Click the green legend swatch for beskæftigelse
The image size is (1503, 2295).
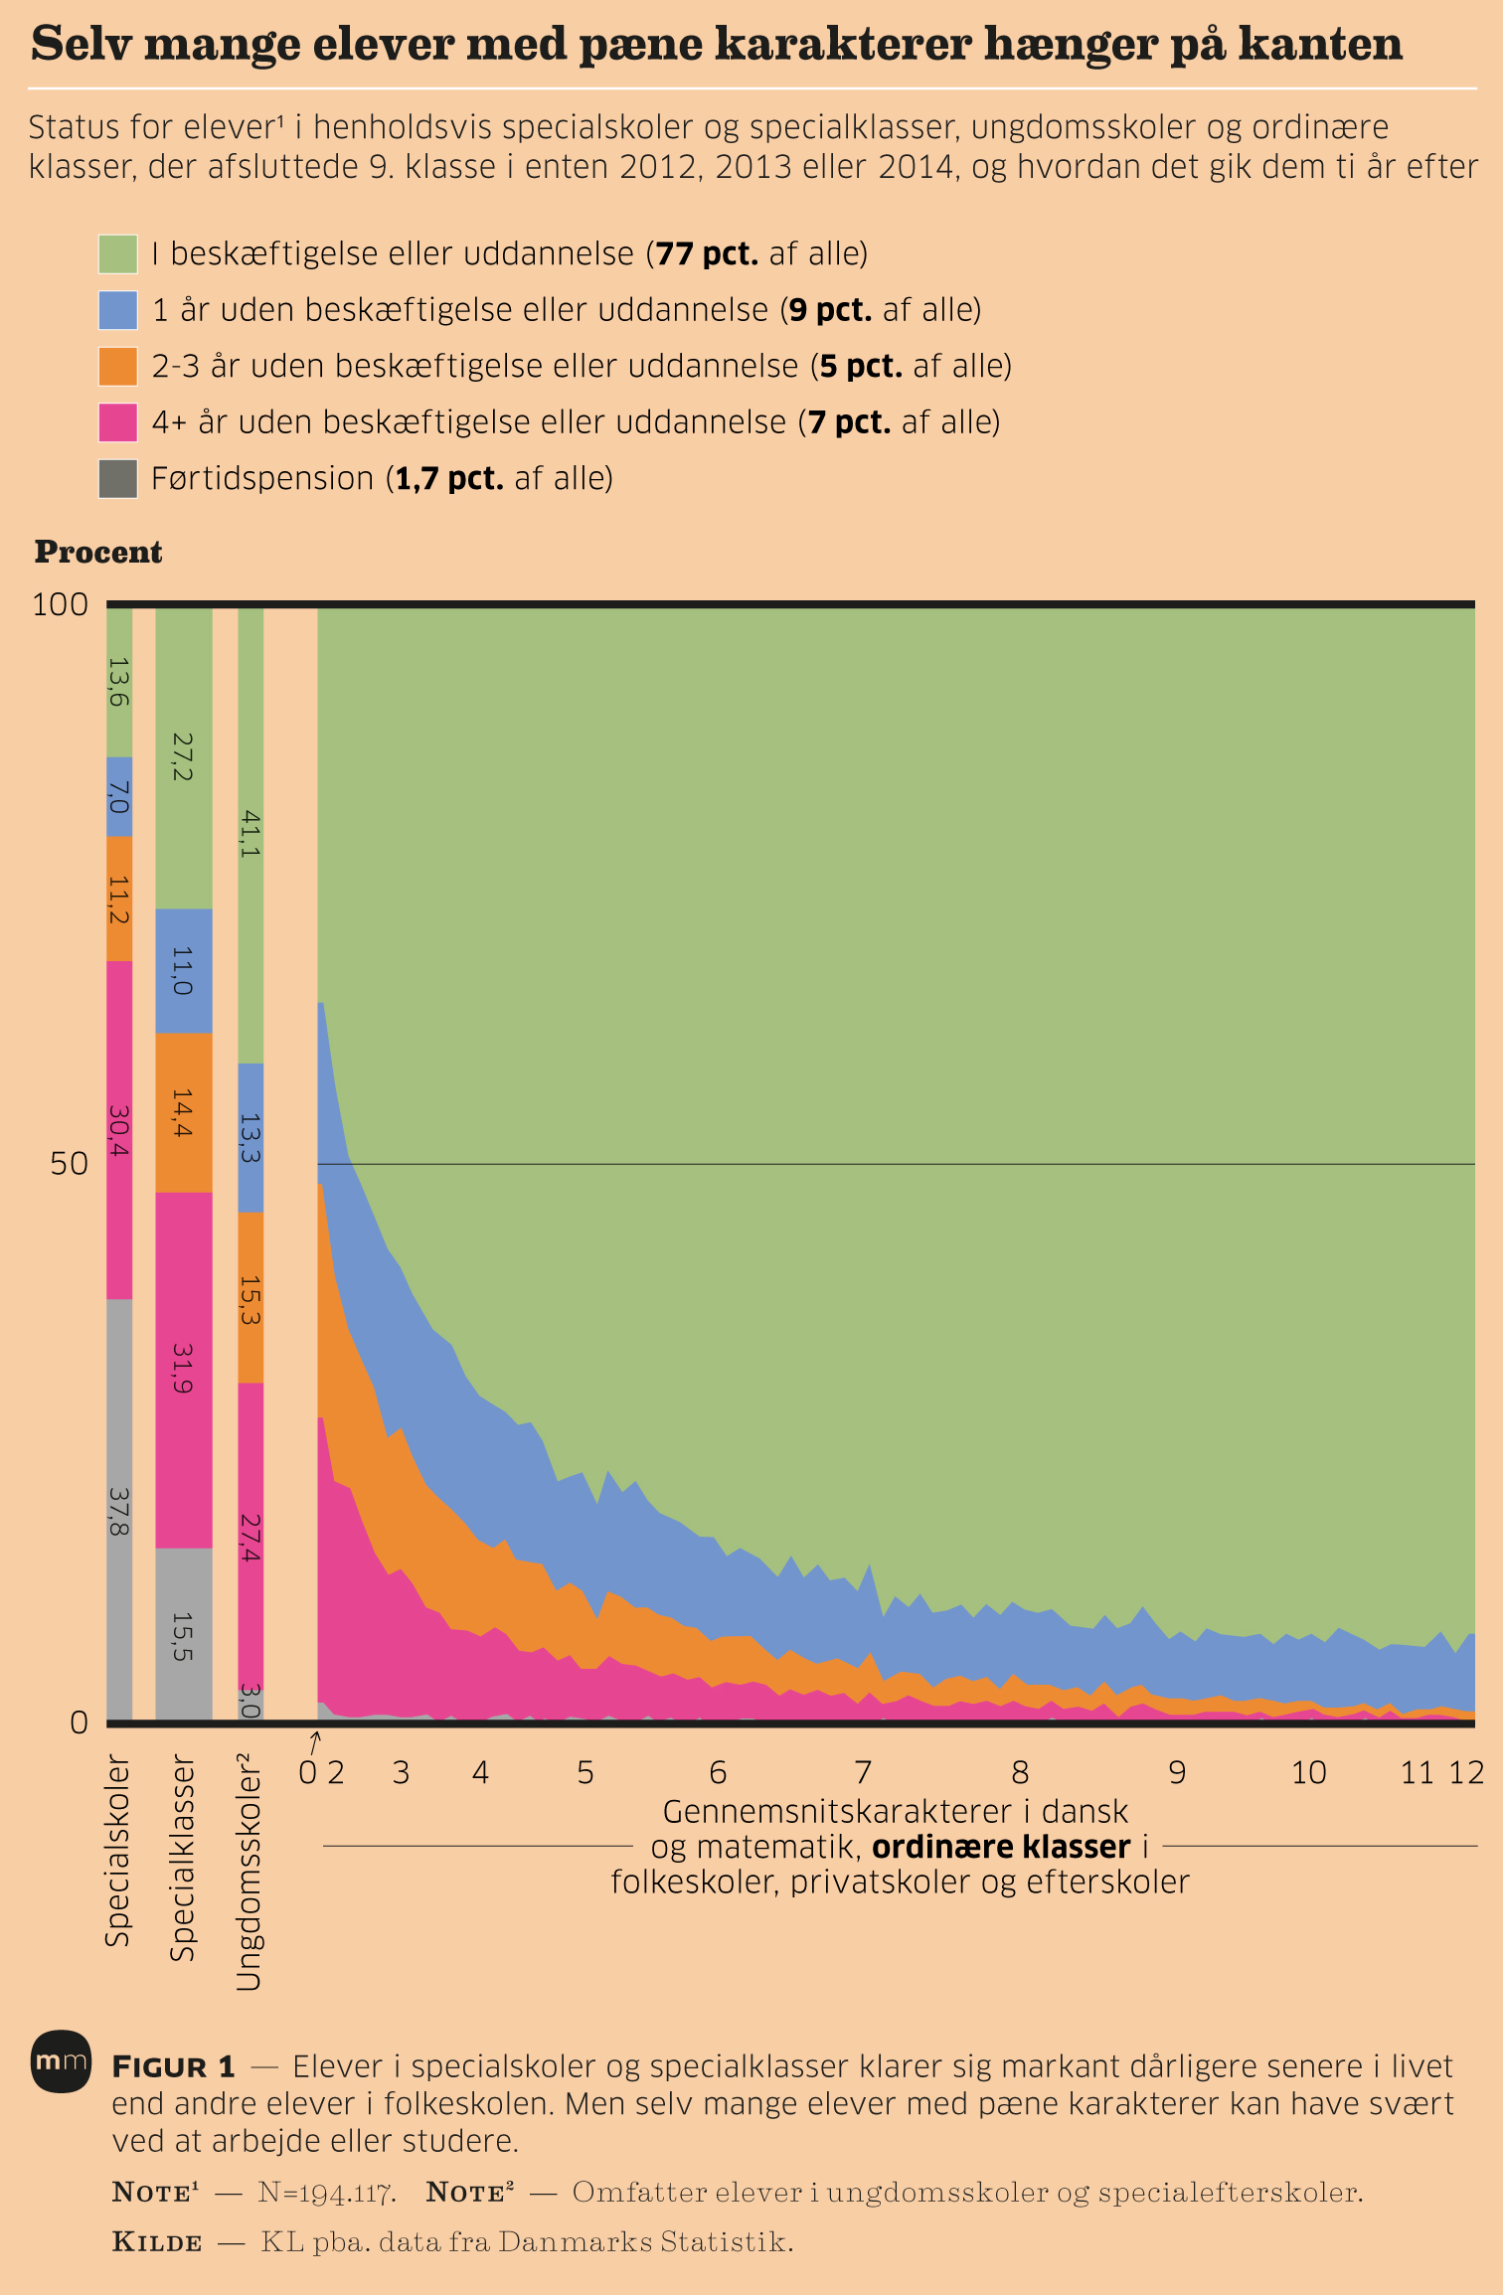pos(117,254)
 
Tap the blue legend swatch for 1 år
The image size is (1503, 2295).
pos(117,310)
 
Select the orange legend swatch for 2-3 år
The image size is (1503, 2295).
pos(117,366)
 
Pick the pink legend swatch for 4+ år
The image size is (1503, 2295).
pos(117,422)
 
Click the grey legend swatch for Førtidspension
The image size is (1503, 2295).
pos(117,478)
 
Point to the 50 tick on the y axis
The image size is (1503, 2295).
pos(70,1164)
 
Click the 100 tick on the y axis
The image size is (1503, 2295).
pos(61,604)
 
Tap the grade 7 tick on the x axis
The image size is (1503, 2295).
pos(863,1772)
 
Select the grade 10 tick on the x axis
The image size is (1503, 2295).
pos(1308,1772)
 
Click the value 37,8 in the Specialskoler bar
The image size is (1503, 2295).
pos(119,1511)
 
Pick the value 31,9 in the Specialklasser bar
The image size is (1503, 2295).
pos(183,1368)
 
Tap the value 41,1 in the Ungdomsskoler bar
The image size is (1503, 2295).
pos(250,833)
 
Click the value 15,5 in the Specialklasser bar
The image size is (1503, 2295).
pos(183,1636)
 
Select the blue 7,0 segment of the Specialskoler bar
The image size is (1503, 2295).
pos(119,796)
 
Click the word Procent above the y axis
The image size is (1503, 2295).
pos(98,553)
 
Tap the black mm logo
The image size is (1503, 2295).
pos(61,2061)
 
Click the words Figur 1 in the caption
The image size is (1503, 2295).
pos(174,2067)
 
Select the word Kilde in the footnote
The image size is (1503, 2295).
pos(157,2242)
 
